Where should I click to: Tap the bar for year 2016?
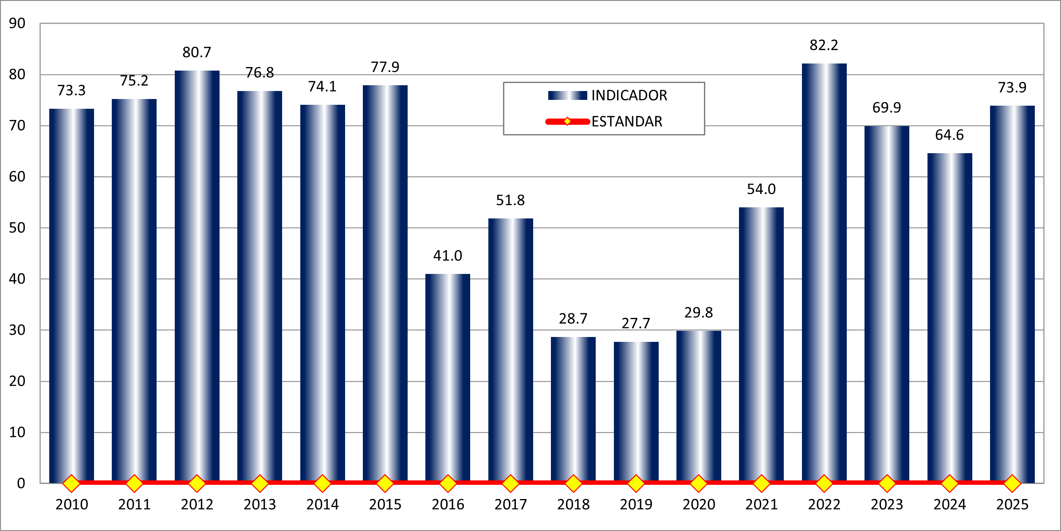coord(448,377)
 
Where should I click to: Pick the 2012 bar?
coord(197,275)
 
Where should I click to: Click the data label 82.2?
coord(824,45)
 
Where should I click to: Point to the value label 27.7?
coord(636,323)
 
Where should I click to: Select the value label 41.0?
coord(448,256)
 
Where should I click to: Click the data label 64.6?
coord(949,135)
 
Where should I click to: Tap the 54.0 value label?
coord(761,189)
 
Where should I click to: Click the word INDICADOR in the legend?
coord(629,95)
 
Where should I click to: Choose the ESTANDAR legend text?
coord(627,122)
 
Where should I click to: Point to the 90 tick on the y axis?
coord(17,24)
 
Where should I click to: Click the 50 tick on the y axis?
coord(17,228)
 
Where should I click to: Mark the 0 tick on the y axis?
coord(21,483)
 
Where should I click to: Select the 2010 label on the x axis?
coord(71,505)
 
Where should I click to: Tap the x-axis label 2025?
coord(1012,505)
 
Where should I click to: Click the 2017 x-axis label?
coord(511,505)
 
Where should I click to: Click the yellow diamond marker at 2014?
coord(322,483)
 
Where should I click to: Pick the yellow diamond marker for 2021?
coord(762,483)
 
